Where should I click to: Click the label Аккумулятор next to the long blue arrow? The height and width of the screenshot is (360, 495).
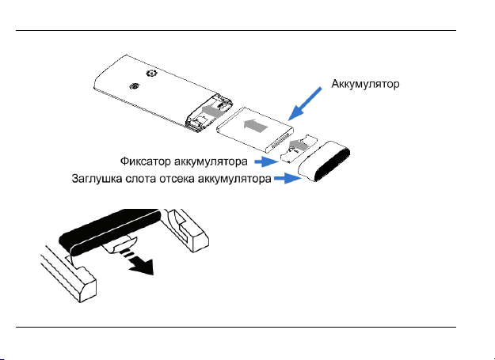point(365,84)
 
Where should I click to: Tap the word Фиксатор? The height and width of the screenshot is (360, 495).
point(146,161)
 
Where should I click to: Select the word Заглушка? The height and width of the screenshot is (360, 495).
point(97,179)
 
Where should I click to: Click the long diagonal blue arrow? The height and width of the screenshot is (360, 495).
point(305,104)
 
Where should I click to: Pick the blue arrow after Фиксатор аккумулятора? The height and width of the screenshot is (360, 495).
point(266,162)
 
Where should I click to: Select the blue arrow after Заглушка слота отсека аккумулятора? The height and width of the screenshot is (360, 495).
point(287,179)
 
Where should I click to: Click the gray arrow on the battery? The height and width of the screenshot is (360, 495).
point(256,126)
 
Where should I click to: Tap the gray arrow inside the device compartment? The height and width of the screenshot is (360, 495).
point(212,111)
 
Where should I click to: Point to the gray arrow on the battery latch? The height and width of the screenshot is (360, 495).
point(298,145)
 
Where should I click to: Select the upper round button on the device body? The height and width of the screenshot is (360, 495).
point(151,74)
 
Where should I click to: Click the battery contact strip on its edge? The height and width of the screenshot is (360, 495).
point(280,142)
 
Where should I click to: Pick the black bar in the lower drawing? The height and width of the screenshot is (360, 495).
point(111,228)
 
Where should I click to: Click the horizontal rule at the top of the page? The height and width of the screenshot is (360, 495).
point(236,31)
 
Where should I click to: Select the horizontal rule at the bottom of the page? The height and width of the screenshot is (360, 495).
point(236,328)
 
